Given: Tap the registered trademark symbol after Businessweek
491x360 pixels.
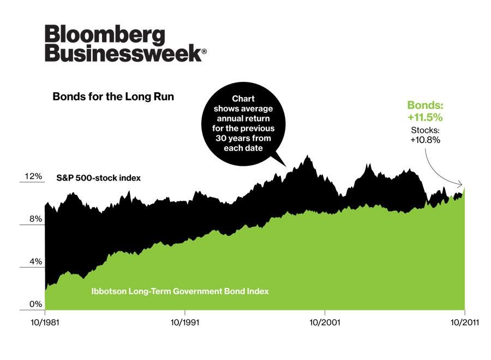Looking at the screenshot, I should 205,52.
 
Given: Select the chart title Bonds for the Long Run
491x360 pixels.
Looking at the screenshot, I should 113,97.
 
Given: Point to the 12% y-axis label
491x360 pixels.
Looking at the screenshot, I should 32,177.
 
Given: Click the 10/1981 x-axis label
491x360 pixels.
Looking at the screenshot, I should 44,322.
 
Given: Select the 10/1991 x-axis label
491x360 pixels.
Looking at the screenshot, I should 185,322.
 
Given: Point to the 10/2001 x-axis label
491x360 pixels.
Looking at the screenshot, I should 325,322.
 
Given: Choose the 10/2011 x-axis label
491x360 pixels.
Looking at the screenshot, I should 464,322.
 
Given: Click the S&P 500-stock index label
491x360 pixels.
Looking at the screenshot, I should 99,178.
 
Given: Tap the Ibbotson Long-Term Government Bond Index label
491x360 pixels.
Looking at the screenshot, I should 179,291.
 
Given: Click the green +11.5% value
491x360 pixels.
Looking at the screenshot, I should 425,117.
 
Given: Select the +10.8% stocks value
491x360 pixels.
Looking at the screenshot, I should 425,140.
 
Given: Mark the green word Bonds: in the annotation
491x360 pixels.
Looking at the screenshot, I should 425,105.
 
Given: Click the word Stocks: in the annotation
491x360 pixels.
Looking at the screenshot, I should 425,130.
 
